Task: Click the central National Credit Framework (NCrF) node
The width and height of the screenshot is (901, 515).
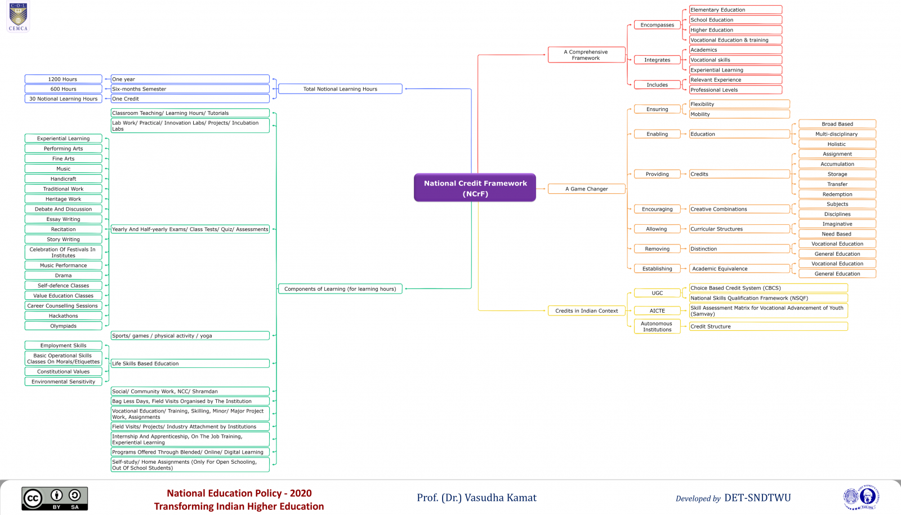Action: click(x=475, y=188)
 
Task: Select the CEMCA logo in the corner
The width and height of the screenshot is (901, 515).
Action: click(x=18, y=17)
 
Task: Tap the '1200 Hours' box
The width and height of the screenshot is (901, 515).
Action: click(x=63, y=79)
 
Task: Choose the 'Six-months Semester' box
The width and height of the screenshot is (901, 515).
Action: click(x=190, y=89)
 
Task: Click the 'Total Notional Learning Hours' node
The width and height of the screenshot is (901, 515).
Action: click(x=340, y=89)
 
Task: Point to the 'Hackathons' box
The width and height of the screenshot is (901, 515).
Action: click(x=63, y=316)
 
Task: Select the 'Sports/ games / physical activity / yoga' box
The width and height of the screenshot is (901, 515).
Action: click(x=190, y=336)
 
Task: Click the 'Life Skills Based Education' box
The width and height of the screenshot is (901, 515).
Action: click(x=190, y=364)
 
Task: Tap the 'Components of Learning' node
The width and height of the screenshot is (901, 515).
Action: click(x=340, y=289)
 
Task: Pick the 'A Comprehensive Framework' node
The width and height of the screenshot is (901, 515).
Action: click(x=586, y=55)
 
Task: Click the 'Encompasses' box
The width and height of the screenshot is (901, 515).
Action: click(x=657, y=25)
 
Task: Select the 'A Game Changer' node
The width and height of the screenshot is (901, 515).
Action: click(x=586, y=189)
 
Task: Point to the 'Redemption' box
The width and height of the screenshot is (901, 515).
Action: click(x=837, y=194)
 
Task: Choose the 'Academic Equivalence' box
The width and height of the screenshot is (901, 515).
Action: click(x=739, y=269)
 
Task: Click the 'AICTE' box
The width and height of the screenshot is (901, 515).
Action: click(x=657, y=311)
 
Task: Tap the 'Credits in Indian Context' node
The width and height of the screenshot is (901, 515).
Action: click(x=586, y=311)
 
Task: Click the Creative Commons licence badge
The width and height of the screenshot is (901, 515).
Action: click(x=55, y=499)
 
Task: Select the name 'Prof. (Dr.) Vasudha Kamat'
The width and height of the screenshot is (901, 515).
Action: click(x=476, y=498)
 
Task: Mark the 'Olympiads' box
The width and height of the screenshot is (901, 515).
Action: click(x=63, y=326)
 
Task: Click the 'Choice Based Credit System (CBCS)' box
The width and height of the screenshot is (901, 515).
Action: click(x=768, y=288)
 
